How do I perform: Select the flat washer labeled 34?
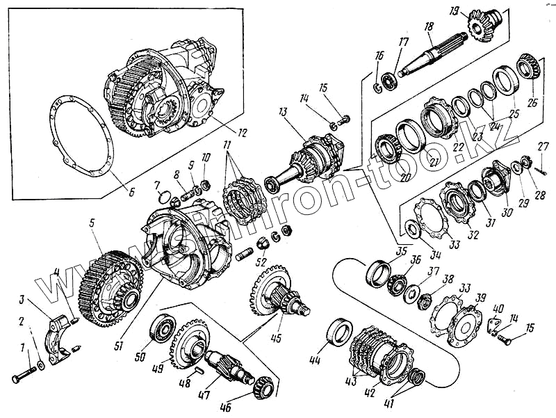click(x=413, y=230)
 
